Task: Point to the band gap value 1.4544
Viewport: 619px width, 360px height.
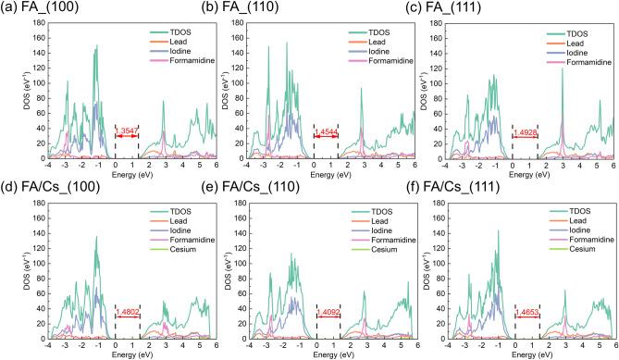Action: click(326, 135)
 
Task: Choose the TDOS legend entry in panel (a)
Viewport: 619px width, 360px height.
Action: click(180, 31)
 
